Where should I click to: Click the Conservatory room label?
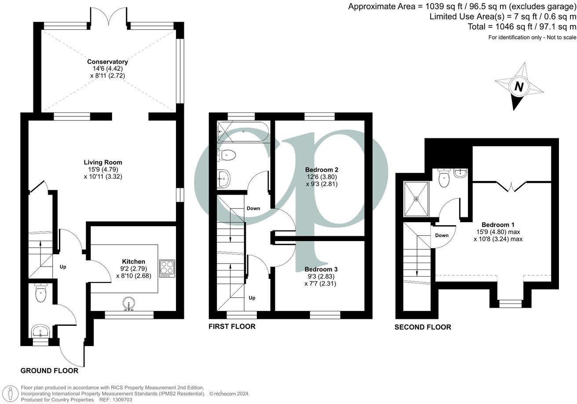pos(107,62)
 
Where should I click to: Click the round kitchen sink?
pos(128,304)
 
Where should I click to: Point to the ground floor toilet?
pos(40,294)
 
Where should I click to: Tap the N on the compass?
pos(519,87)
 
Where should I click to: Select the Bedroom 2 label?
pos(321,170)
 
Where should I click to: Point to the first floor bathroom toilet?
pos(227,154)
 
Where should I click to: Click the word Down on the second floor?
pos(442,235)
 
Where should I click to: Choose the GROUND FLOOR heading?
pos(49,371)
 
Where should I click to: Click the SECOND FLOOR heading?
pos(422,327)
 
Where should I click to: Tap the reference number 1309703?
pos(121,400)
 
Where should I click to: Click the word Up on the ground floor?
pos(63,267)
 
